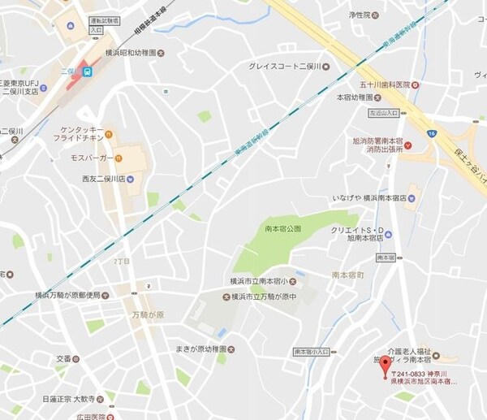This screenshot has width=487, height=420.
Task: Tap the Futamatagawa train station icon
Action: (87, 71)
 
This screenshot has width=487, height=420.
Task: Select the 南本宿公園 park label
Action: (283, 229)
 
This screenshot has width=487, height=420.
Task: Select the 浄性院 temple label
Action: (359, 15)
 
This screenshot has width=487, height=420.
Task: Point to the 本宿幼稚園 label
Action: (358, 97)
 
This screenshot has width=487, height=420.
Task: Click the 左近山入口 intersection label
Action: (386, 113)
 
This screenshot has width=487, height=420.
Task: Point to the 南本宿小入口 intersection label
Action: (312, 352)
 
